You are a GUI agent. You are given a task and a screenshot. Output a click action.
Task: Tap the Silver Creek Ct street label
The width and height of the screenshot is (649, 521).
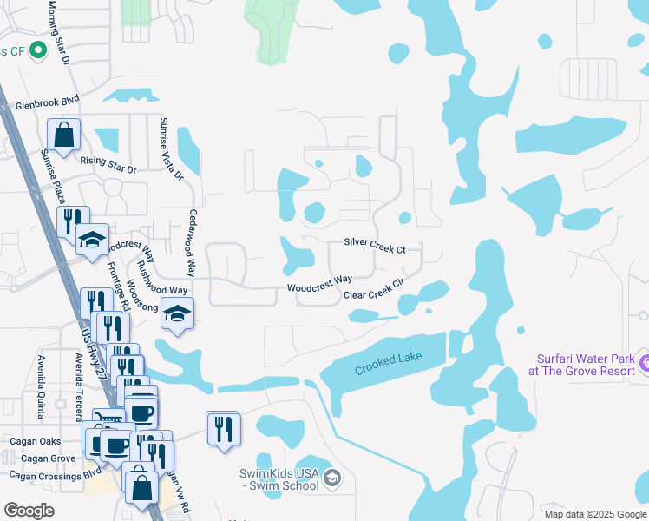[x=375, y=246]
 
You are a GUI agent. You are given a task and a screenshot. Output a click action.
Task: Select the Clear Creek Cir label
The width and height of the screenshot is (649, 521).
[x=375, y=295]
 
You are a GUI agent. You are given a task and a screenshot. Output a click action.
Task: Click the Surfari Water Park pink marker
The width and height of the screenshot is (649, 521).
[x=644, y=361]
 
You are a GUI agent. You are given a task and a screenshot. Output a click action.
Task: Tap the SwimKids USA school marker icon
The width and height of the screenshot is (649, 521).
[x=331, y=478]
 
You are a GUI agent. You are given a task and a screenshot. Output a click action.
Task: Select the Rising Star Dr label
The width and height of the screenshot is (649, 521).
[x=108, y=163]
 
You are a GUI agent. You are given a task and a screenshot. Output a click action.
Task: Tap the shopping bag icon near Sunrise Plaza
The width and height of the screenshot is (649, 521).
[x=63, y=135]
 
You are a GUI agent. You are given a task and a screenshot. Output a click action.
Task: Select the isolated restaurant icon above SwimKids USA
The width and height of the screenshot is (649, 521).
[x=224, y=428]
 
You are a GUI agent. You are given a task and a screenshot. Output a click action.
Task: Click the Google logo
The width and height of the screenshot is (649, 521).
[x=29, y=510]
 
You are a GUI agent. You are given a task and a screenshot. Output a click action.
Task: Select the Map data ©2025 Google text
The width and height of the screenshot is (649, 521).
[x=595, y=514]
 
